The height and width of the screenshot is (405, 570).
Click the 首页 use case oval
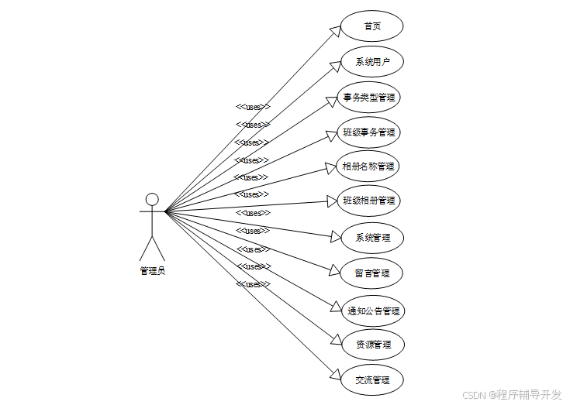pos(372,26)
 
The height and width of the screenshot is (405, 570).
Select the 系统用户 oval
pos(372,62)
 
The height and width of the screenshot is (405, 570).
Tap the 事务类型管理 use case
pos(370,98)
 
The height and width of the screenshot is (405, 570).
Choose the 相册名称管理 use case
pos(368,166)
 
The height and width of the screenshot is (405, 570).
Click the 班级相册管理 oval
pos(369,201)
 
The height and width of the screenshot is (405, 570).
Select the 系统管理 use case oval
pos(372,238)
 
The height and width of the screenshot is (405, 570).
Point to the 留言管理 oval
pos(372,273)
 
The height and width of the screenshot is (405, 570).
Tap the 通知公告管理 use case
pos(373,311)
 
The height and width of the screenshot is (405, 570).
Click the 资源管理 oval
pos(373,345)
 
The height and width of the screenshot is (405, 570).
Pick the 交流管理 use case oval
pos(372,380)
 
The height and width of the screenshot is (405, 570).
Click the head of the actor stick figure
pos(152,200)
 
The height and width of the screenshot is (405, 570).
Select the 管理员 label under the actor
pos(152,271)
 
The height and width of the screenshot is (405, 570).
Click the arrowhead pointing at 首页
pos(336,30)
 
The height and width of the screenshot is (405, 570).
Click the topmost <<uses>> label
pos(253,107)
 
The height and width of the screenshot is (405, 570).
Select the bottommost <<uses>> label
pos(253,284)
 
